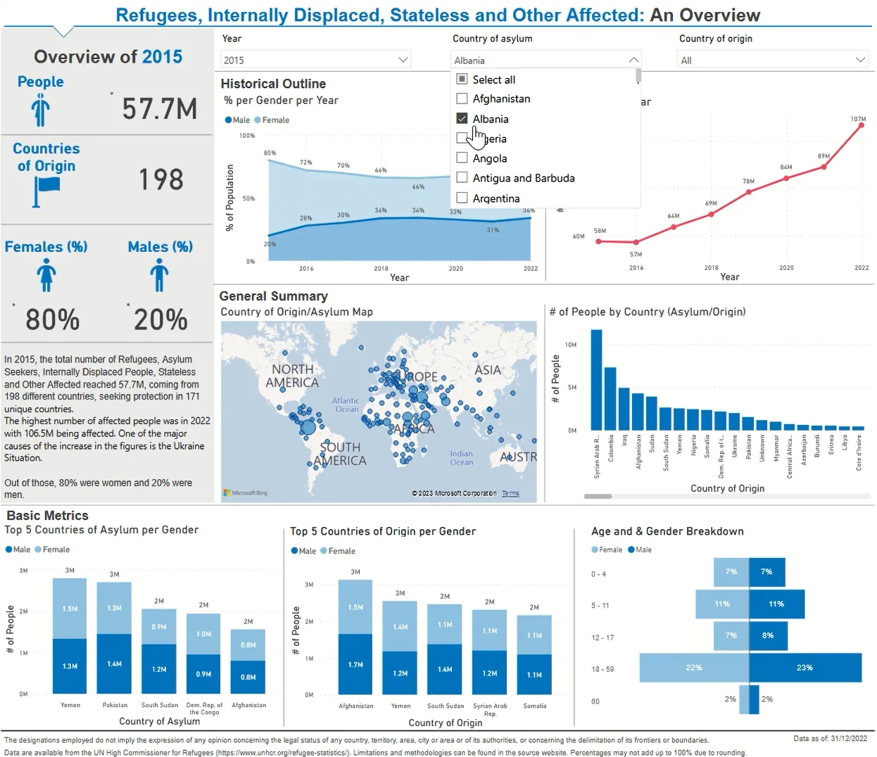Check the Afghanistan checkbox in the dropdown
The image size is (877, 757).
(462, 99)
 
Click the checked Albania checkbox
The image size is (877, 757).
(462, 119)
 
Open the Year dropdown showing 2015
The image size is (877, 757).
(315, 61)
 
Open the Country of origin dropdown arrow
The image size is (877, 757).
(860, 61)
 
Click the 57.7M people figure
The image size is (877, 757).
(159, 109)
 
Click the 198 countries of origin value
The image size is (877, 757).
(160, 179)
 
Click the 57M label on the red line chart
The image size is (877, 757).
(636, 255)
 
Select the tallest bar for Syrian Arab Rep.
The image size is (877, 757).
(596, 380)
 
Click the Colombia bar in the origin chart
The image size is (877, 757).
(610, 398)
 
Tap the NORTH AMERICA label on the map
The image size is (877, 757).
(292, 376)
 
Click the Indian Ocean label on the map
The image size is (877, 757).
(461, 458)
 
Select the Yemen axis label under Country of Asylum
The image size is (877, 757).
(70, 705)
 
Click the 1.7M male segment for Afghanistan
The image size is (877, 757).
(355, 664)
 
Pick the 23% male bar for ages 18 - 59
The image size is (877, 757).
(805, 668)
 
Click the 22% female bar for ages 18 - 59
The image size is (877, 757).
(694, 668)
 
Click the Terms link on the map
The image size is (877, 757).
(510, 493)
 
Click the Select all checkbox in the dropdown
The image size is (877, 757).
(462, 79)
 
